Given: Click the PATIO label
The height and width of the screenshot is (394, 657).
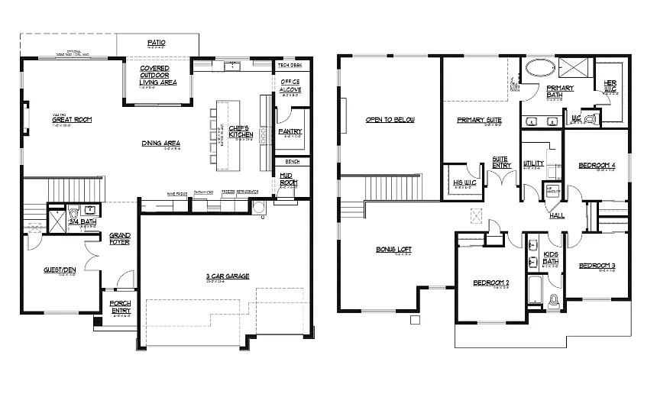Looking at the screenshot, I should click(157, 42).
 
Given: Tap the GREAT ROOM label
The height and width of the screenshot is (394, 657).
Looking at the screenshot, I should click(72, 120).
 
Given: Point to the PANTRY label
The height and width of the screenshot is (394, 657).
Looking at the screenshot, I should click(290, 131).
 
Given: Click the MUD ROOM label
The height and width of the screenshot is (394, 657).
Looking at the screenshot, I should click(289, 179).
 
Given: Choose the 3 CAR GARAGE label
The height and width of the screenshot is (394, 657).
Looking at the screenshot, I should click(228, 276).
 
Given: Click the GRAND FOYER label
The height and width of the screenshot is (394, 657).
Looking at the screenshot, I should click(119, 238).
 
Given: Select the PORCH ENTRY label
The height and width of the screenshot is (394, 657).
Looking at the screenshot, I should click(120, 306).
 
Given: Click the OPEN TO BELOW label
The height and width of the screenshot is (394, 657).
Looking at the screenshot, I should click(390, 120).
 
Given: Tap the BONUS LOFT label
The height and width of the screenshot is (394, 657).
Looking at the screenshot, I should click(394, 250).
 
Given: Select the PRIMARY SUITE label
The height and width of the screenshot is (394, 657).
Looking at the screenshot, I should click(479, 120).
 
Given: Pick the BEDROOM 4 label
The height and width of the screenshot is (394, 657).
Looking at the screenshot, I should click(597, 165).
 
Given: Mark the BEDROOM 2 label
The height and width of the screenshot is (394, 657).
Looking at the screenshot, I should click(491, 283).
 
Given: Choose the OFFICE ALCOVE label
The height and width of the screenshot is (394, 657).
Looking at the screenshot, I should click(290, 86).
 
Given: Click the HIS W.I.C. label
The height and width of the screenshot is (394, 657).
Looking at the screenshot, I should click(461, 182).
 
